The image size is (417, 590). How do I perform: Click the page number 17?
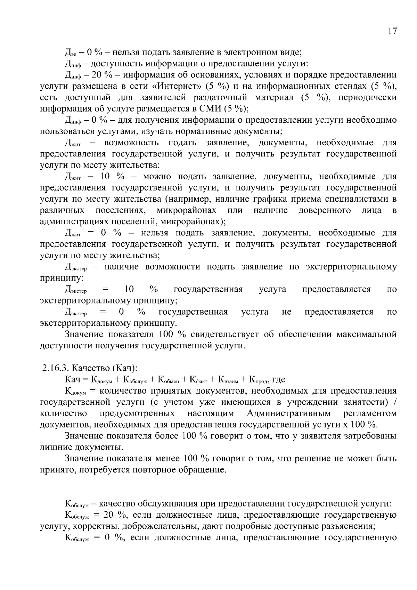click(392, 31)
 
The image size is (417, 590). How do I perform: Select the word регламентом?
click(370, 413)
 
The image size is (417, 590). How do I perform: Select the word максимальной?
click(367, 334)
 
